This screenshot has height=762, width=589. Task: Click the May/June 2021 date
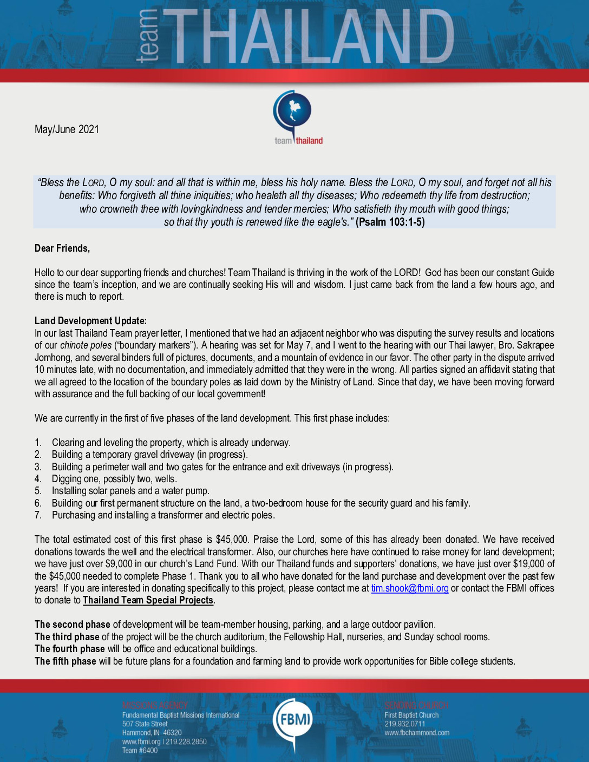[67, 129]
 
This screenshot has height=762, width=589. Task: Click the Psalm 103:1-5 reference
[390, 222]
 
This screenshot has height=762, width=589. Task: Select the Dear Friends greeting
[62, 248]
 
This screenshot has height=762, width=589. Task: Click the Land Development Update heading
[90, 321]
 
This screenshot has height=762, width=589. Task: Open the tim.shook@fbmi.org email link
[410, 588]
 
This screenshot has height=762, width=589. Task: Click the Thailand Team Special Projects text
[148, 600]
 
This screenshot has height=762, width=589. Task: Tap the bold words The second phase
[73, 625]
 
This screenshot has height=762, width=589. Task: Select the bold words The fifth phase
[66, 661]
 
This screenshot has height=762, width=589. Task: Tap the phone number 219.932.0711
[405, 724]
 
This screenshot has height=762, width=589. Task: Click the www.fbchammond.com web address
[417, 733]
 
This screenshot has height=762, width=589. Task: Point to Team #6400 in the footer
[140, 751]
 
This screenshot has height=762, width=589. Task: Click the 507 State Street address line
[145, 724]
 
